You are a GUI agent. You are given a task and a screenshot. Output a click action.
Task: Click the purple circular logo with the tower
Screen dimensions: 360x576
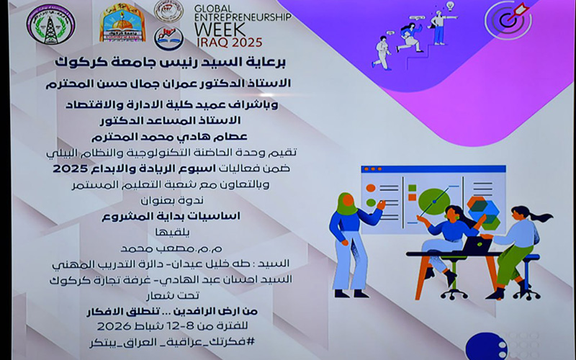51,24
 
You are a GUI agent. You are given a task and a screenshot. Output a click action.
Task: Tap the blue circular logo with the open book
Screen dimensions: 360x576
168,37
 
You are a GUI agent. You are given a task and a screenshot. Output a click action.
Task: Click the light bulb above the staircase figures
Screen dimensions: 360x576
451,6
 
